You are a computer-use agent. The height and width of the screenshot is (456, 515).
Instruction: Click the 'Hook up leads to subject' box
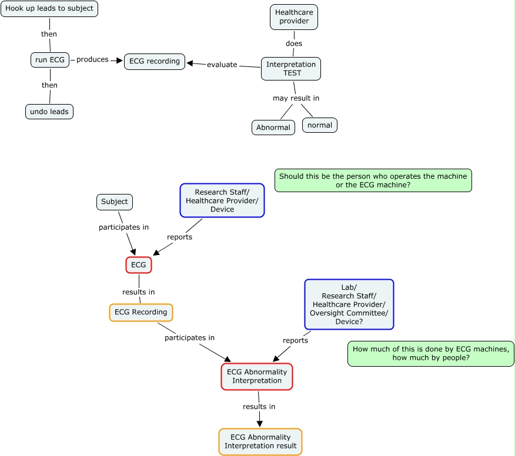(49, 9)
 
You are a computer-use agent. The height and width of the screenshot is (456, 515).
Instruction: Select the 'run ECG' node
(50, 60)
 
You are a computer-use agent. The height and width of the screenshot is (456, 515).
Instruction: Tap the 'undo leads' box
(49, 112)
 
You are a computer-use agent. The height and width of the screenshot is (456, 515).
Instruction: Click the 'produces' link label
(92, 59)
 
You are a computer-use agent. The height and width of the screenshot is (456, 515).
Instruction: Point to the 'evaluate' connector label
(222, 65)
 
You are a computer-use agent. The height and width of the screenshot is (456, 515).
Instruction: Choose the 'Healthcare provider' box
(294, 17)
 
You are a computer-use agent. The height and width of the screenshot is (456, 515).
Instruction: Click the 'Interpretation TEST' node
(291, 69)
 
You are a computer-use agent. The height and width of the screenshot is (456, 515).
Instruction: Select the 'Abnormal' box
(273, 128)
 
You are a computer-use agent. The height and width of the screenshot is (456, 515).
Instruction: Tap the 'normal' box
(320, 125)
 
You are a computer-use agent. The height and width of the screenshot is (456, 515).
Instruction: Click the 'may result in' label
(296, 98)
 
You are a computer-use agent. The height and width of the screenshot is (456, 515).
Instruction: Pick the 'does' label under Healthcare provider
(294, 43)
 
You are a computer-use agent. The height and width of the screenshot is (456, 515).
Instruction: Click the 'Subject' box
(115, 202)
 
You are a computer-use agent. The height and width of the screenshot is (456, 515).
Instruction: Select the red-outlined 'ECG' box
(139, 265)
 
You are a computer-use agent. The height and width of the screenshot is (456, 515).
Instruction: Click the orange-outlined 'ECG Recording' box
(141, 312)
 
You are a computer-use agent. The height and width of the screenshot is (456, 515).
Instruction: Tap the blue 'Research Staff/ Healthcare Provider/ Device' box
(222, 200)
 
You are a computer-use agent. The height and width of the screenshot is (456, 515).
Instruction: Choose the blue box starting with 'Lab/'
(349, 304)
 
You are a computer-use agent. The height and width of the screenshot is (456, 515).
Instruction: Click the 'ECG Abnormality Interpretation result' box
(260, 441)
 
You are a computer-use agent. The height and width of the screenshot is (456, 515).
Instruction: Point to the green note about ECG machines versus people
(431, 354)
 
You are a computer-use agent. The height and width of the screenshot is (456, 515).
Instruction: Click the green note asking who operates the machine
(373, 180)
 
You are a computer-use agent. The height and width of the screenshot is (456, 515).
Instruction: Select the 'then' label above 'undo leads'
(49, 85)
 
